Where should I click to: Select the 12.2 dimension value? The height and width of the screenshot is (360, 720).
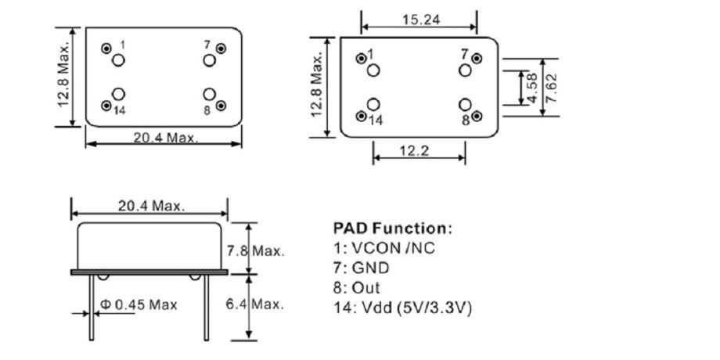(413, 150)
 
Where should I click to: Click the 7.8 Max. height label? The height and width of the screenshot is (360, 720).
(256, 251)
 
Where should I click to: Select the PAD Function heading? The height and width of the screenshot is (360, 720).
(392, 229)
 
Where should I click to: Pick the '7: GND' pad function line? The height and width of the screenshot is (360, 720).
(362, 268)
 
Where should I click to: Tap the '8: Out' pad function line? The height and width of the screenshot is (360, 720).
(357, 288)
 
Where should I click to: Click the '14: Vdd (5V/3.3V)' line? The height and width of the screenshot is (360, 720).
(402, 308)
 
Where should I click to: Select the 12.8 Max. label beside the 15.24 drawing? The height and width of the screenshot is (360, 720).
(317, 85)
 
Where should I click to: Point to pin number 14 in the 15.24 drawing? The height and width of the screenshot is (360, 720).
(376, 121)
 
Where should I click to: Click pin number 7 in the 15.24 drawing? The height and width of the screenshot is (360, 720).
(465, 55)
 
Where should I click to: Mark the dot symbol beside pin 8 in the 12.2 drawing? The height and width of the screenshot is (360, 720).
(477, 118)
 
